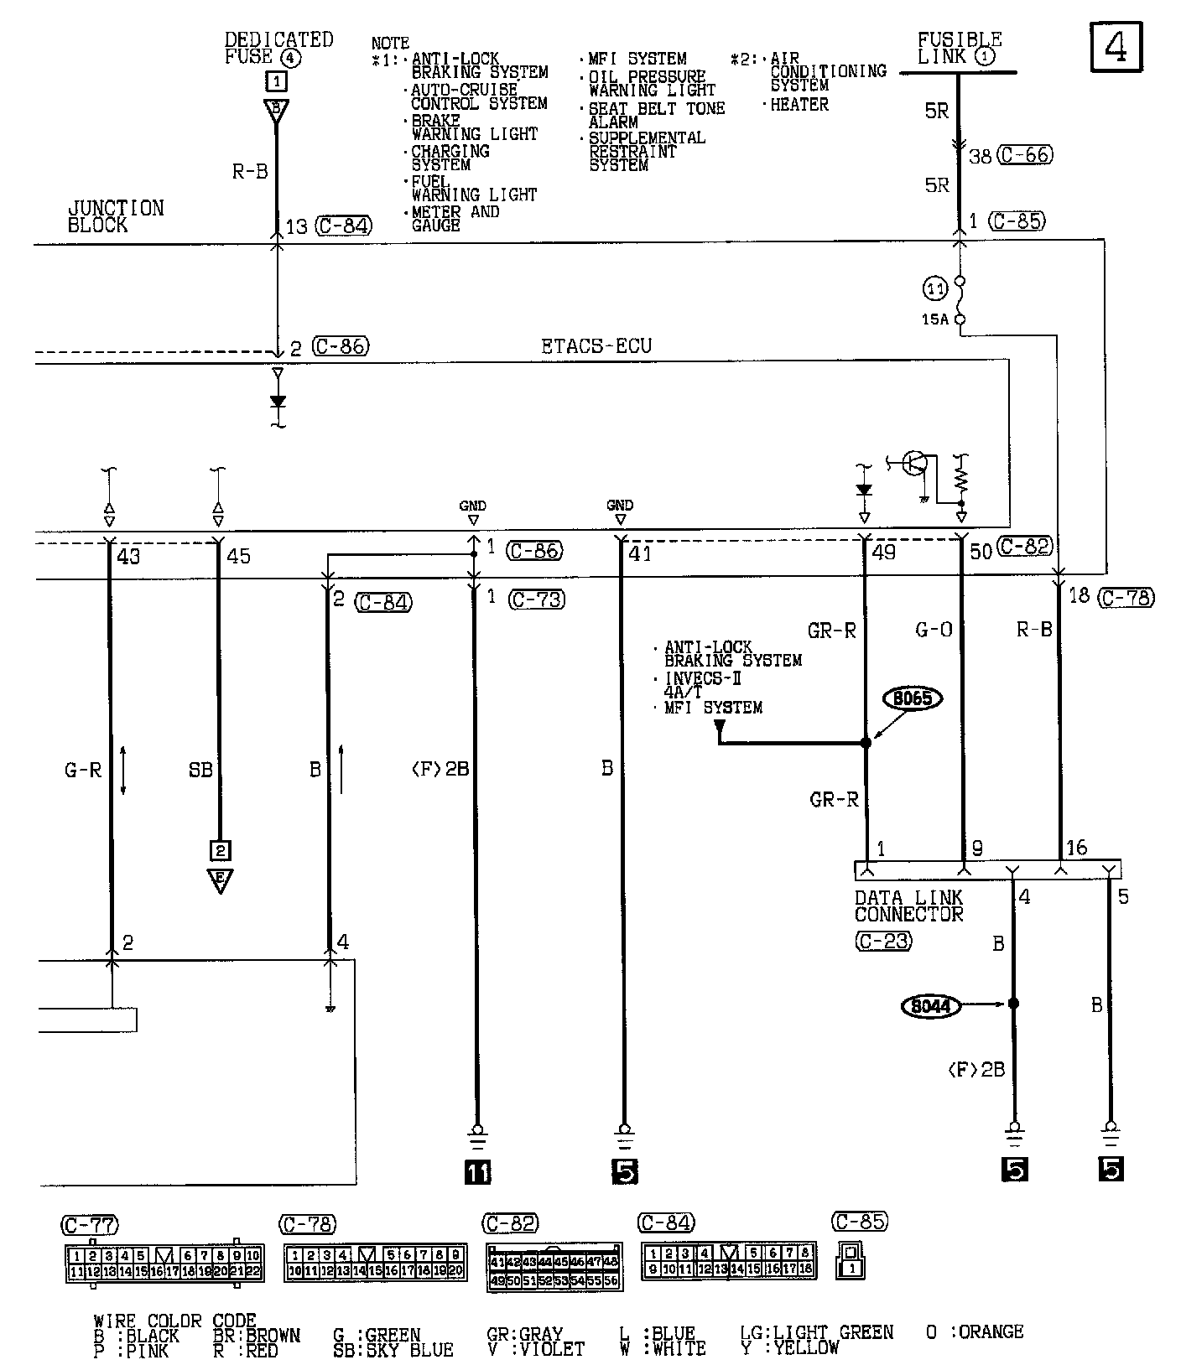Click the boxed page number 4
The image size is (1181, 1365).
[x=1116, y=48]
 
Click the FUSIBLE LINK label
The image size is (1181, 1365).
[x=959, y=49]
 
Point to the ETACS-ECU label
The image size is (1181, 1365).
[x=596, y=346]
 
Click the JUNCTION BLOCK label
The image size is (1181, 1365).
[x=116, y=216]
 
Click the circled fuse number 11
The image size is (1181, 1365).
[x=934, y=289]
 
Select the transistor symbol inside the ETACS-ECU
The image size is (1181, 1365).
[x=916, y=464]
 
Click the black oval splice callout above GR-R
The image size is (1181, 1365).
[x=913, y=698]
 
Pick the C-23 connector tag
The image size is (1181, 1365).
[x=882, y=942]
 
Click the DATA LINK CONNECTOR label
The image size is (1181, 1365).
[x=909, y=906]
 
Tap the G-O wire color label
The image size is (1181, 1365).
[x=934, y=630]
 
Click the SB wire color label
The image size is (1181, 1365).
[x=200, y=769]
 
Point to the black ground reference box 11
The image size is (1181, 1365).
[x=477, y=1171]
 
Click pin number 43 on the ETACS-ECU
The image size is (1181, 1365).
[x=129, y=556]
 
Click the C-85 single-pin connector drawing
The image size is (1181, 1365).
[x=851, y=1260]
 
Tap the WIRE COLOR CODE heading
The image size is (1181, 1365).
[x=174, y=1321]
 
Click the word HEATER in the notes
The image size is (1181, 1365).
[x=799, y=105]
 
